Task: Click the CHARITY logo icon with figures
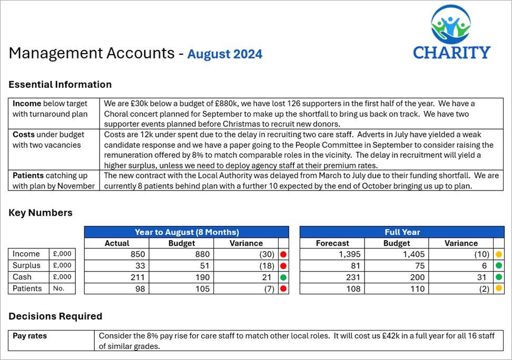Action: (x=452, y=25)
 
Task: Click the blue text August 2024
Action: (x=225, y=54)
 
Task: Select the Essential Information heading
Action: (x=60, y=84)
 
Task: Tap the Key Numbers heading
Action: (x=41, y=213)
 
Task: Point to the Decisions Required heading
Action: (x=55, y=316)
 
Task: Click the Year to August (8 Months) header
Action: (x=186, y=232)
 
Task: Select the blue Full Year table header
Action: (x=401, y=232)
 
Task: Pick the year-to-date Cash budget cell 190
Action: (x=202, y=277)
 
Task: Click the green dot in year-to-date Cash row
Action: (x=284, y=277)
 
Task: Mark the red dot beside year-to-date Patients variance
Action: (x=284, y=289)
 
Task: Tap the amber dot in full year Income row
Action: (x=499, y=254)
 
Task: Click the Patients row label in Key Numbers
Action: (x=27, y=288)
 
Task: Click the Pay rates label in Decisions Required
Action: (x=30, y=336)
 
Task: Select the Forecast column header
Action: (x=332, y=243)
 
